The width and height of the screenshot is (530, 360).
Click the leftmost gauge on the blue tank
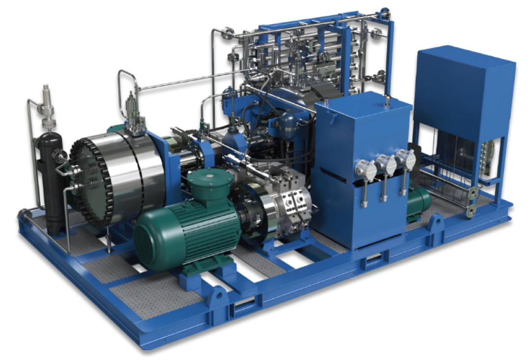pos(366,169)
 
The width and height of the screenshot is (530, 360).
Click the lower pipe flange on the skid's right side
pos(472,210)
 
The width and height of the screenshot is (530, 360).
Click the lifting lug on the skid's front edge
pos(217,298)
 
